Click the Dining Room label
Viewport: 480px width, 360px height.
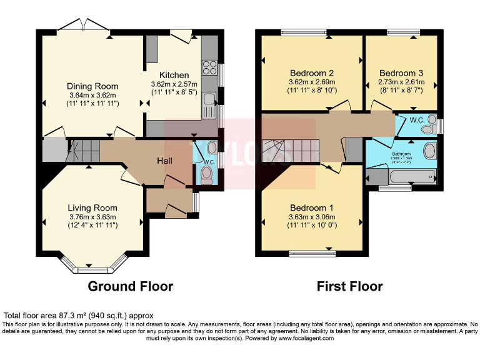[92, 86]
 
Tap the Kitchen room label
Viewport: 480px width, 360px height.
[174, 75]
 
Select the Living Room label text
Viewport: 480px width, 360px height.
[92, 208]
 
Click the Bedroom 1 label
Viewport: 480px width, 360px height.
[311, 208]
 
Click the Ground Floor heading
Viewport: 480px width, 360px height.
[130, 286]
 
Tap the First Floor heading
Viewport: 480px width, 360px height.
[350, 286]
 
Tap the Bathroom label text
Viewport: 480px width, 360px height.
[401, 153]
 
